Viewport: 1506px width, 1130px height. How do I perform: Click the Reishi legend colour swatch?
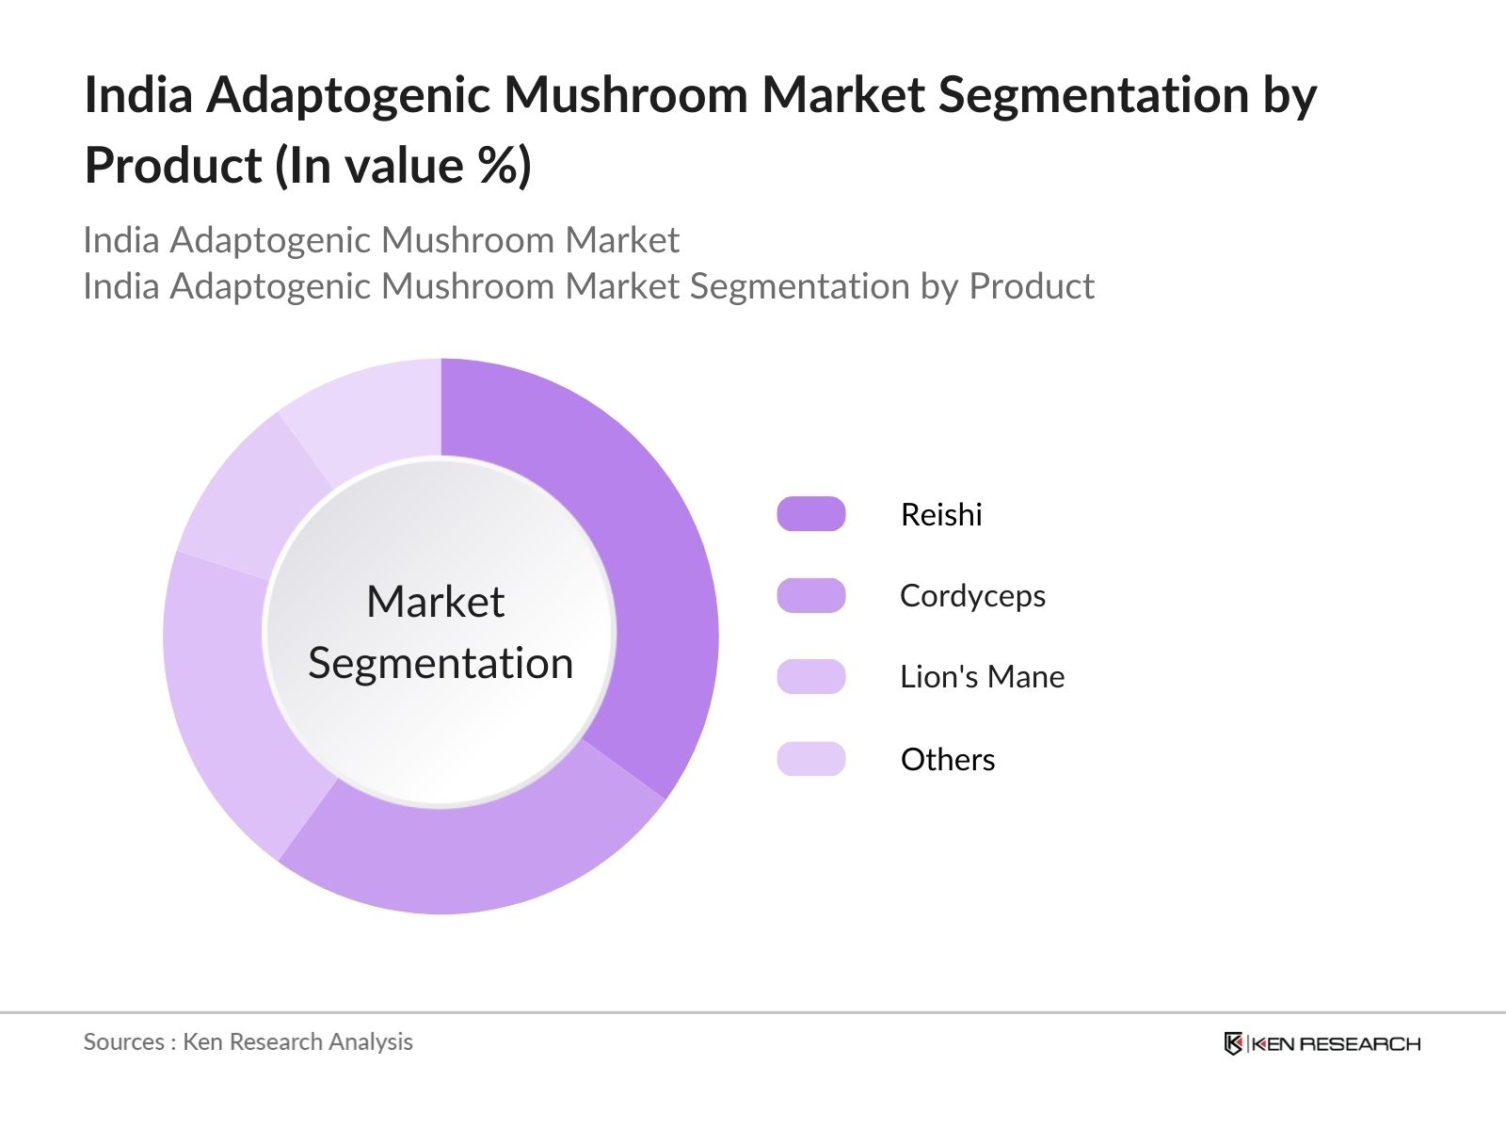click(810, 514)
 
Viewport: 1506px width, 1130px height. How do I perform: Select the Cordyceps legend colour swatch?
click(810, 595)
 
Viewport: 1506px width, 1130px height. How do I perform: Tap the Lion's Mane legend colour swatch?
click(810, 676)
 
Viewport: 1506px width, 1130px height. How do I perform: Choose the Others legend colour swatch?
click(810, 758)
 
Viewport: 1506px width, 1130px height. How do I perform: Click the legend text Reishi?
click(940, 514)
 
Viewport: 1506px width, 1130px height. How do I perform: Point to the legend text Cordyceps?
click(972, 596)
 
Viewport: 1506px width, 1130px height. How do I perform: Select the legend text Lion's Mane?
click(982, 677)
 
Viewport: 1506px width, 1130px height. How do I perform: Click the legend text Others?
click(947, 759)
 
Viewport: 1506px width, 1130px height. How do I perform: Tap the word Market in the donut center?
click(435, 602)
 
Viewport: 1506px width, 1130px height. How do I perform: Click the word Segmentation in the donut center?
click(441, 663)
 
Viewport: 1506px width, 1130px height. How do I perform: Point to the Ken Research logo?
click(1322, 1043)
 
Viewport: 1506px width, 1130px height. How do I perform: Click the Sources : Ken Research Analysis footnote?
click(248, 1041)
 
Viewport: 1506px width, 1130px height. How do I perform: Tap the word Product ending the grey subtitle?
click(1032, 286)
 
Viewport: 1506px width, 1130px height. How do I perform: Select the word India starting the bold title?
click(138, 95)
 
